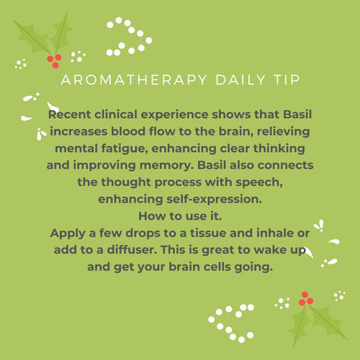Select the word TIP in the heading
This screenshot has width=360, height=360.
(281, 80)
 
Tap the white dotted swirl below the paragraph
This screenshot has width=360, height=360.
(230, 321)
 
